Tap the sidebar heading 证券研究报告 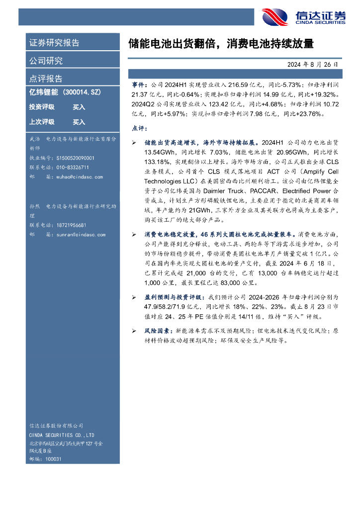tap(54, 43)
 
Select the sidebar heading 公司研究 tap(46, 61)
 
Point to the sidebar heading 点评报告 tap(46, 79)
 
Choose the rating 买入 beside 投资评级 tap(79, 107)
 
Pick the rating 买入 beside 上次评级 tap(79, 122)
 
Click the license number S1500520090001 tap(73, 158)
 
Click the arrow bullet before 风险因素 tap(134, 331)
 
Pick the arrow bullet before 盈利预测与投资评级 tap(134, 297)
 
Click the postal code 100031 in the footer tap(54, 459)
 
